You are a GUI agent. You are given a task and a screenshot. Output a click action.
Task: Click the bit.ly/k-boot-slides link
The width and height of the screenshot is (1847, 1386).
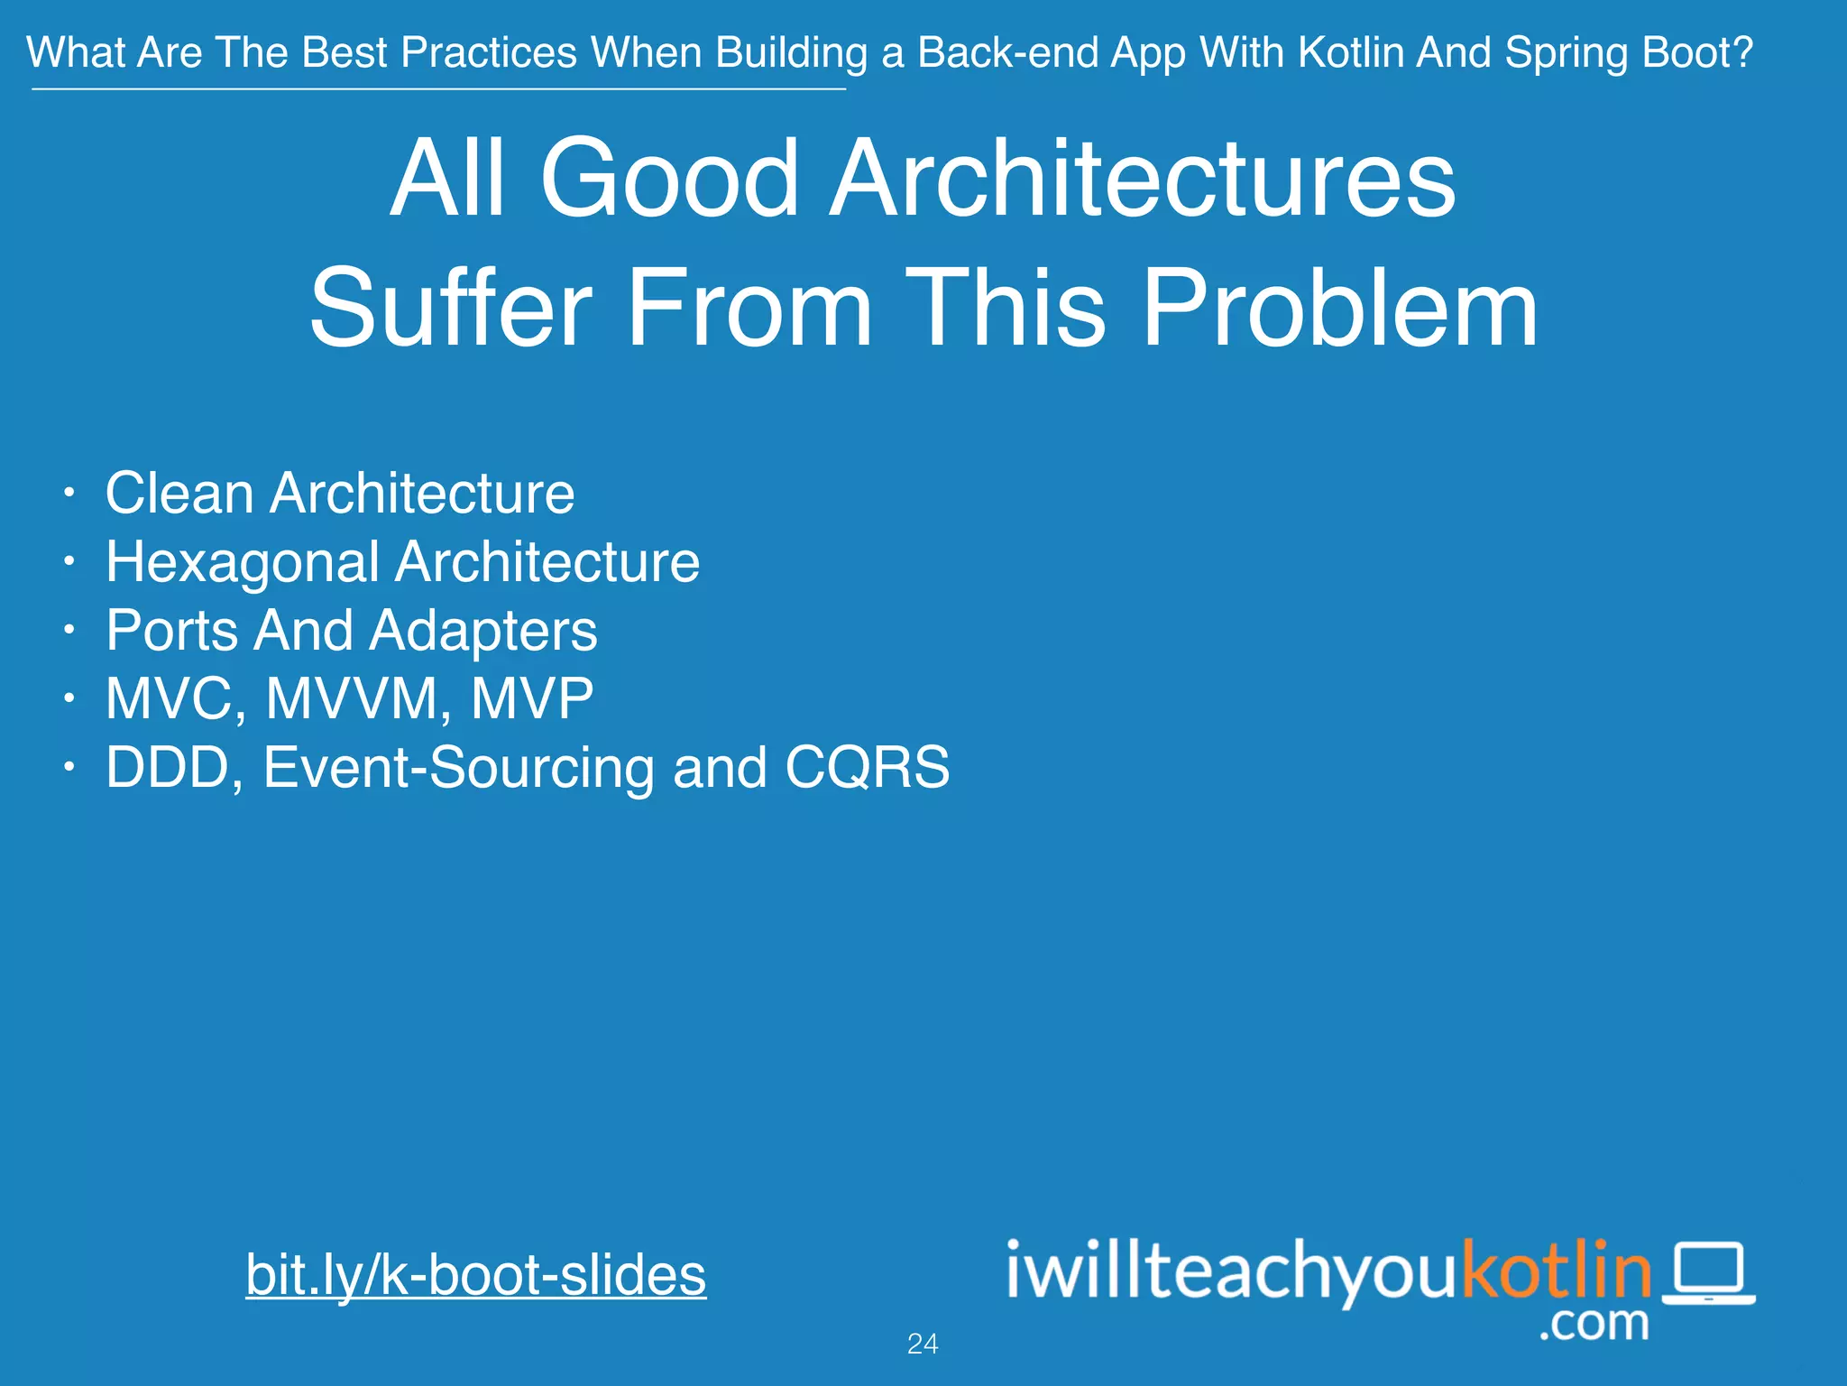475,1275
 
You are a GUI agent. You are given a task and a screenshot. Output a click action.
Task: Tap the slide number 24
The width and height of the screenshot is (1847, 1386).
923,1344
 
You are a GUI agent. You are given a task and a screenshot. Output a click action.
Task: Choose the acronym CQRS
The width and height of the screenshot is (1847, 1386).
867,767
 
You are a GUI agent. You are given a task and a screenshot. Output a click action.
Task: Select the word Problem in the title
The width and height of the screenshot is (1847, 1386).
1340,309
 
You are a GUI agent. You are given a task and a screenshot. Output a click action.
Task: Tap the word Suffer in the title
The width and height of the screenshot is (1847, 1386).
451,309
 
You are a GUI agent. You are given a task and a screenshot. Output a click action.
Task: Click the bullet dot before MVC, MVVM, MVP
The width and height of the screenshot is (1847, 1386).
69,698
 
